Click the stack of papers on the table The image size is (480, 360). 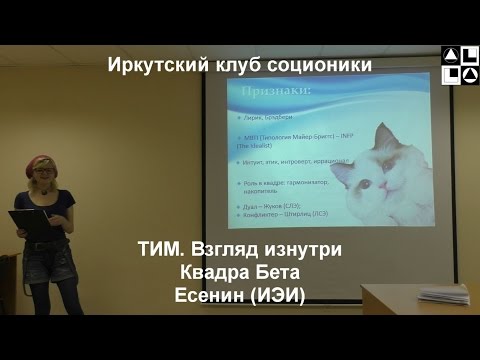pos(443,295)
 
